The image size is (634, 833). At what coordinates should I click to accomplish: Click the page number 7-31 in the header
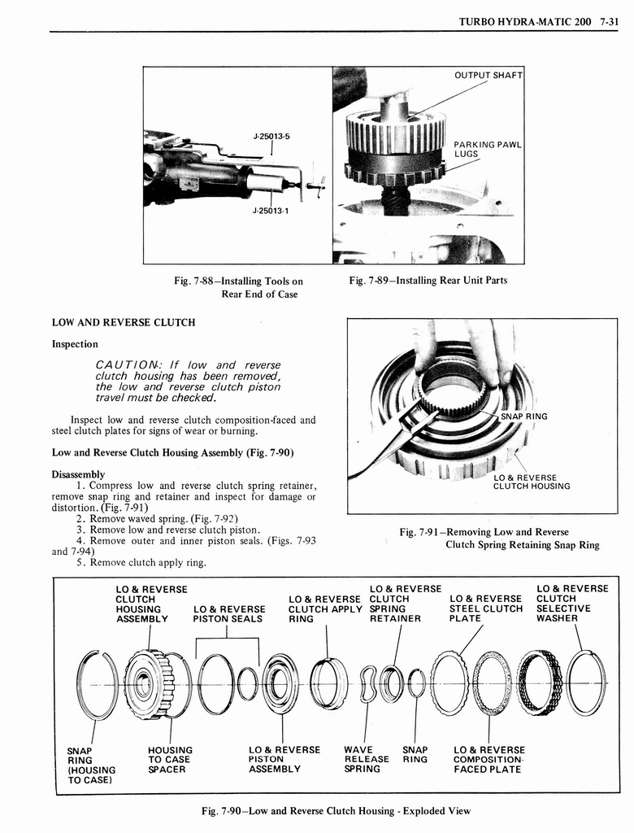606,21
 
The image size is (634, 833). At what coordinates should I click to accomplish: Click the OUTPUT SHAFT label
487,76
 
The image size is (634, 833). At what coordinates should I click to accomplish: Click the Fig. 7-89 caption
428,281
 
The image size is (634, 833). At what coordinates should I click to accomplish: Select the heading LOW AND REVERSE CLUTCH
124,323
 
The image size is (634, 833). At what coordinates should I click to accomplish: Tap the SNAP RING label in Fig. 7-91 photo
524,416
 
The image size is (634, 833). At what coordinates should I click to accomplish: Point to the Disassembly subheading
78,474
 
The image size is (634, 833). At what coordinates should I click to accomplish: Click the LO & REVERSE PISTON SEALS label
228,614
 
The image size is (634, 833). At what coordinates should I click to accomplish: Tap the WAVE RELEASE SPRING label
367,759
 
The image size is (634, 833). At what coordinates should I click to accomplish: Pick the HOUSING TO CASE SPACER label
170,759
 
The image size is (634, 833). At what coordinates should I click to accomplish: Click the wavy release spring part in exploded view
368,683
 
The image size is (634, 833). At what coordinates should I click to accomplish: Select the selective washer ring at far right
587,683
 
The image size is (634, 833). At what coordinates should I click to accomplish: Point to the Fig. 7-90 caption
337,810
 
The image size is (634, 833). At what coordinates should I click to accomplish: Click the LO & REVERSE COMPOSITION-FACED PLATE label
489,759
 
